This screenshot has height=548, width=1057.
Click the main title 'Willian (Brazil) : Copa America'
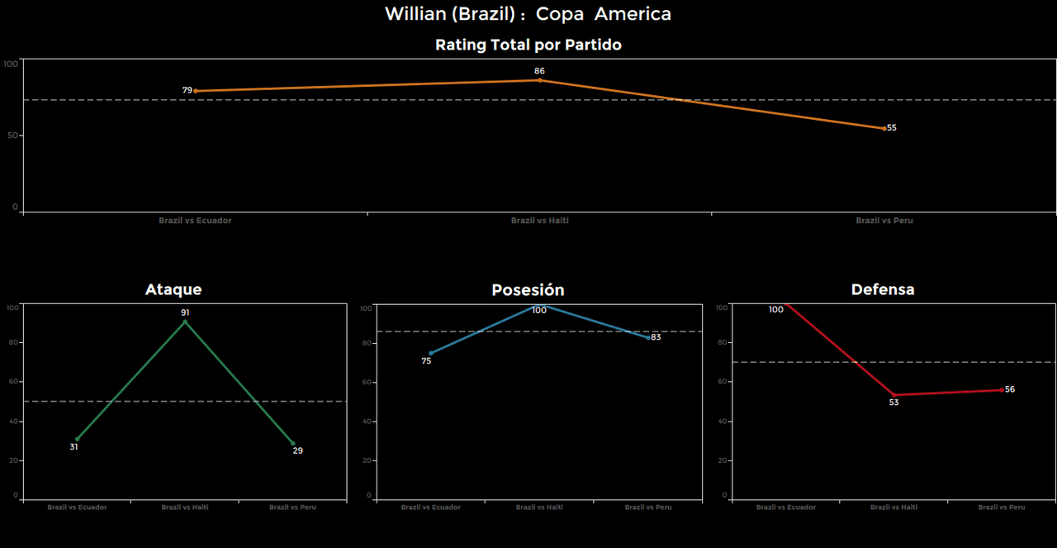coord(528,14)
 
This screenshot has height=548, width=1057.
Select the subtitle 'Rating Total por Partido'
coord(528,45)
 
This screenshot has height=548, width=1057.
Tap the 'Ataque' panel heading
coord(173,289)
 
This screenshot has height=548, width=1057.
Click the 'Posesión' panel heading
coord(528,290)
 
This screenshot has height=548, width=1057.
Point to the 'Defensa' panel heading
coord(883,289)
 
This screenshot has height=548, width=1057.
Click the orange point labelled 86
coord(540,80)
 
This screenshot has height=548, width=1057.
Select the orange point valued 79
coord(196,91)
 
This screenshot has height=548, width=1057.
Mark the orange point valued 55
coord(884,128)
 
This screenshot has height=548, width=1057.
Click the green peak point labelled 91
coord(185,322)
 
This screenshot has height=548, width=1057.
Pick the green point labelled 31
coord(78,439)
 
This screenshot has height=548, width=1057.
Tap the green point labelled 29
coord(292,443)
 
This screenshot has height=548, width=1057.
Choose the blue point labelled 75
coord(430,353)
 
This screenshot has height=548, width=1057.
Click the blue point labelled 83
coord(648,337)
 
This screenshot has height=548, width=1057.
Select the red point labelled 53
coord(893,395)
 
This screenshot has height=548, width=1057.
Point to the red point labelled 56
coord(1002,389)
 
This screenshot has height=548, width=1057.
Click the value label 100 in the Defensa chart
coord(775,310)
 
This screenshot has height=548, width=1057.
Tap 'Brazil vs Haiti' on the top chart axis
coord(540,221)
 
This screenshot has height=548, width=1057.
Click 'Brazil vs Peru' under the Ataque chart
coord(292,507)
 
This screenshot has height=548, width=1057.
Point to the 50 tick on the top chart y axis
coord(12,135)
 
